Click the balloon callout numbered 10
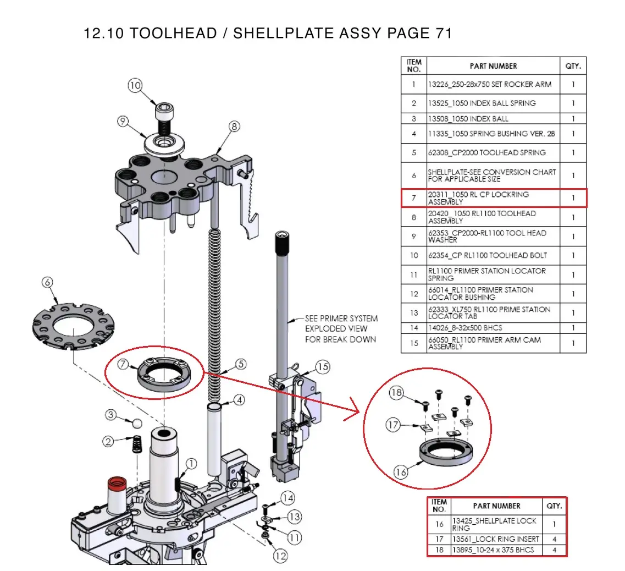[135, 85]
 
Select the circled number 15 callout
[323, 367]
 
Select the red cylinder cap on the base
[117, 484]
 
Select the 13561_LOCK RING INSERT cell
[496, 539]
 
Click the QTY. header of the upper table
[573, 66]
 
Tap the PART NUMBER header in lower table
[496, 506]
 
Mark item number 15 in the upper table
[413, 343]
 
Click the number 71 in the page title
[443, 34]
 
